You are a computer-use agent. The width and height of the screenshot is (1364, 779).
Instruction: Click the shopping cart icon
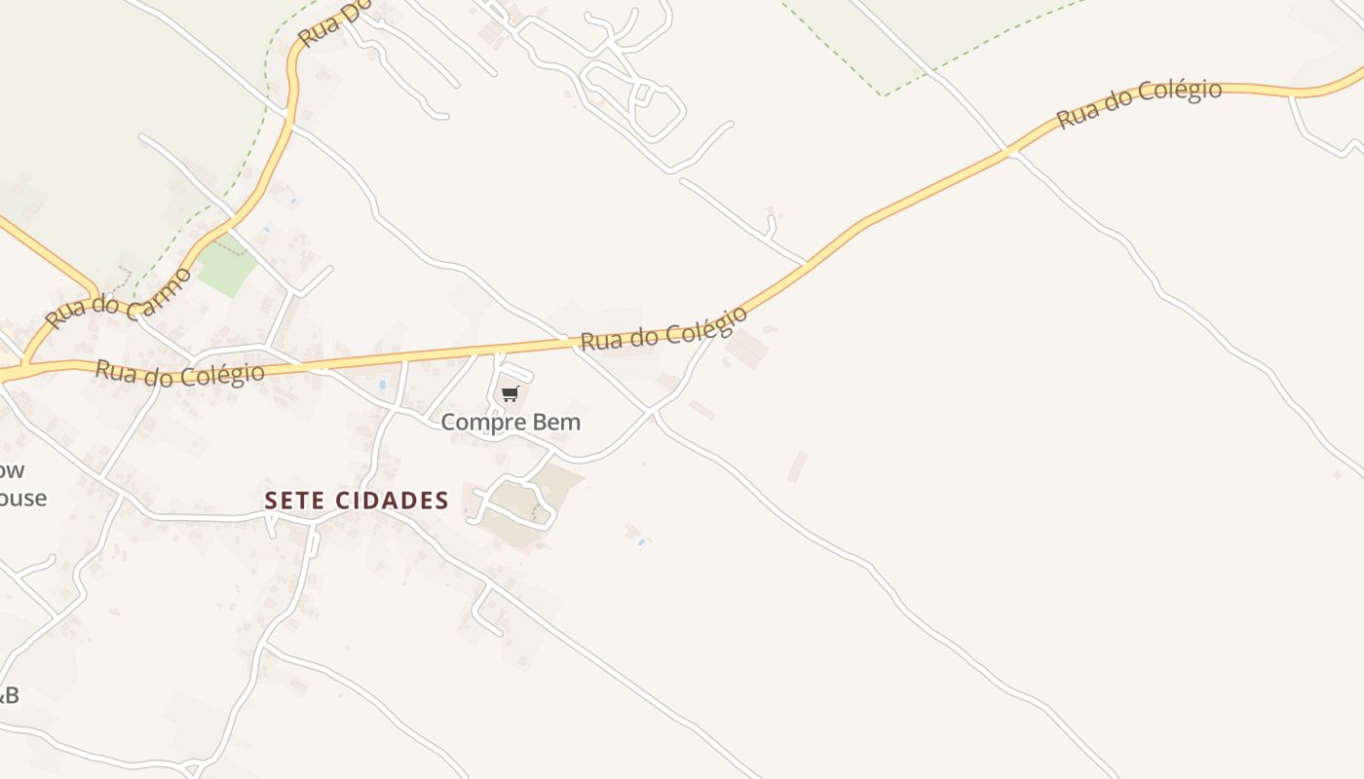[510, 393]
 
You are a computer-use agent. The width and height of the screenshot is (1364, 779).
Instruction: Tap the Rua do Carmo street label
[117, 299]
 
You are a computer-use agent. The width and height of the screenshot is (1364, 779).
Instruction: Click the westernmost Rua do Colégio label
[179, 373]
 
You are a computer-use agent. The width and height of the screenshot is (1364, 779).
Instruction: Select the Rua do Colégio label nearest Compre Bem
[663, 329]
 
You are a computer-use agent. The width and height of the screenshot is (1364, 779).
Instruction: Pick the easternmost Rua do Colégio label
[1139, 104]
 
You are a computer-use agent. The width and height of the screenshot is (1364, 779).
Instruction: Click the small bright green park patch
[226, 266]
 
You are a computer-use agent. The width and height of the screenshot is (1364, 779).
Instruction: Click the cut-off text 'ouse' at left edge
[22, 499]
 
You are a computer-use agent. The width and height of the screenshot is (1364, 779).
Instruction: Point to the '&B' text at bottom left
[9, 695]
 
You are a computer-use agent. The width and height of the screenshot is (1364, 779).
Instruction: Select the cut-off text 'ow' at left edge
[12, 470]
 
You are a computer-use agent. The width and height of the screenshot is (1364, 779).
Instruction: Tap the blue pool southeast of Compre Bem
[640, 541]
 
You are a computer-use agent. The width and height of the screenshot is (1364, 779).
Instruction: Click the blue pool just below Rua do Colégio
[383, 385]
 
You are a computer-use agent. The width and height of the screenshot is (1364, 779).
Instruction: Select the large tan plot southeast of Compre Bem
[526, 501]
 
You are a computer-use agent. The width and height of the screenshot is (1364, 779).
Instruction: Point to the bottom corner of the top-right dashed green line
[883, 94]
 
